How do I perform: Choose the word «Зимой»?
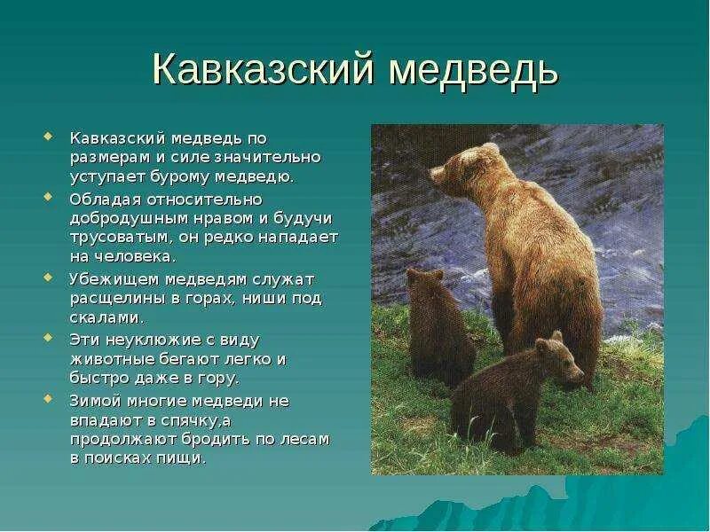(92, 401)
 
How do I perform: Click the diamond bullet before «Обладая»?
(48, 196)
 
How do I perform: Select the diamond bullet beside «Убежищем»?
(48, 276)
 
